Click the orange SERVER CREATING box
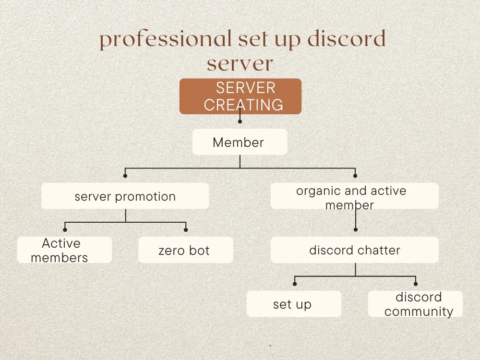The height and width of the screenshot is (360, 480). point(240,96)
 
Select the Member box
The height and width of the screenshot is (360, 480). point(240,142)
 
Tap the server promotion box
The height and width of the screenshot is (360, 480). point(125,196)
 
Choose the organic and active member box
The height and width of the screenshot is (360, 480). point(354,196)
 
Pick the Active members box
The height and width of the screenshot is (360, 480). point(64,250)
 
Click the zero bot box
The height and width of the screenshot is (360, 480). point(185,250)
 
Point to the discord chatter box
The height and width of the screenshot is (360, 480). point(354,250)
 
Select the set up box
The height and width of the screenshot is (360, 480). point(294,304)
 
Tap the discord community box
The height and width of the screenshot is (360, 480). point(415,304)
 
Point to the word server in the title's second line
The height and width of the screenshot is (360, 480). point(240,63)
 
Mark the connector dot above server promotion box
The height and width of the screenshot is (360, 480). point(125,176)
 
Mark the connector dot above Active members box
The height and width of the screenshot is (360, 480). point(65,230)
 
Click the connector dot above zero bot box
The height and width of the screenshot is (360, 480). point(186,230)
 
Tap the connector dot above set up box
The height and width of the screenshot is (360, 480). point(294,284)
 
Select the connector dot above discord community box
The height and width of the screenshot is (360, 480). point(416,284)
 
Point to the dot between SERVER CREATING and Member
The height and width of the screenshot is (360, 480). point(240,121)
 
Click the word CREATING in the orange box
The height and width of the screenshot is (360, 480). point(243,104)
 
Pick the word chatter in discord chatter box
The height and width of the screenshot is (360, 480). point(378,250)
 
